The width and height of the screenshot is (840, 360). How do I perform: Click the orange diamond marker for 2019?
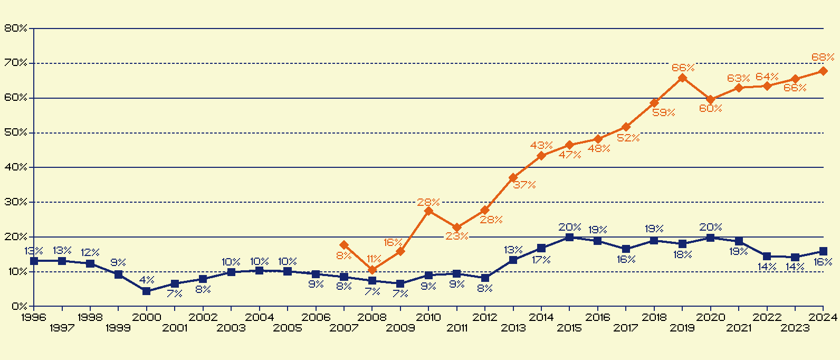(x=682, y=78)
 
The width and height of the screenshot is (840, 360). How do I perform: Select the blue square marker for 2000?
(x=147, y=291)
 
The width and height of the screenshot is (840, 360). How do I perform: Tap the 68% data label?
(x=823, y=57)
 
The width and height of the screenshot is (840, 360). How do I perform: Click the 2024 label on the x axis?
(x=823, y=317)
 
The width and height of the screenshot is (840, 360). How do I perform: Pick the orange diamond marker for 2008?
(x=372, y=270)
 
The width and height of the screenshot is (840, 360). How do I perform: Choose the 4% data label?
(x=147, y=280)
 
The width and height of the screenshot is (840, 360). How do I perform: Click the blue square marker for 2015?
(x=569, y=238)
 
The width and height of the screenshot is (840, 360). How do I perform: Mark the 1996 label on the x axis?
(x=33, y=317)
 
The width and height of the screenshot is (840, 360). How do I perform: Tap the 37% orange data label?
(x=524, y=185)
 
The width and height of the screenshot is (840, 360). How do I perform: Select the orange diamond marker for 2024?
(x=823, y=71)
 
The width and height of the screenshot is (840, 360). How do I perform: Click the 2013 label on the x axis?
(x=513, y=328)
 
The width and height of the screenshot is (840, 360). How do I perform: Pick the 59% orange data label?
(x=664, y=112)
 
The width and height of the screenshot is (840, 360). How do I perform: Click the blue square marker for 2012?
(x=485, y=278)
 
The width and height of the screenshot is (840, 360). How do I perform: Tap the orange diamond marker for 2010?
(x=428, y=211)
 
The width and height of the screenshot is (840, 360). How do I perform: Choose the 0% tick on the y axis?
(x=19, y=306)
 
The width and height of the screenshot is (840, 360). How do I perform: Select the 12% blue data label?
(x=90, y=253)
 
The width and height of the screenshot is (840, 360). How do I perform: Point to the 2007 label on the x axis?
(x=344, y=328)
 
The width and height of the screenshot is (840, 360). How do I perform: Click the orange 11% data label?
(x=374, y=259)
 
